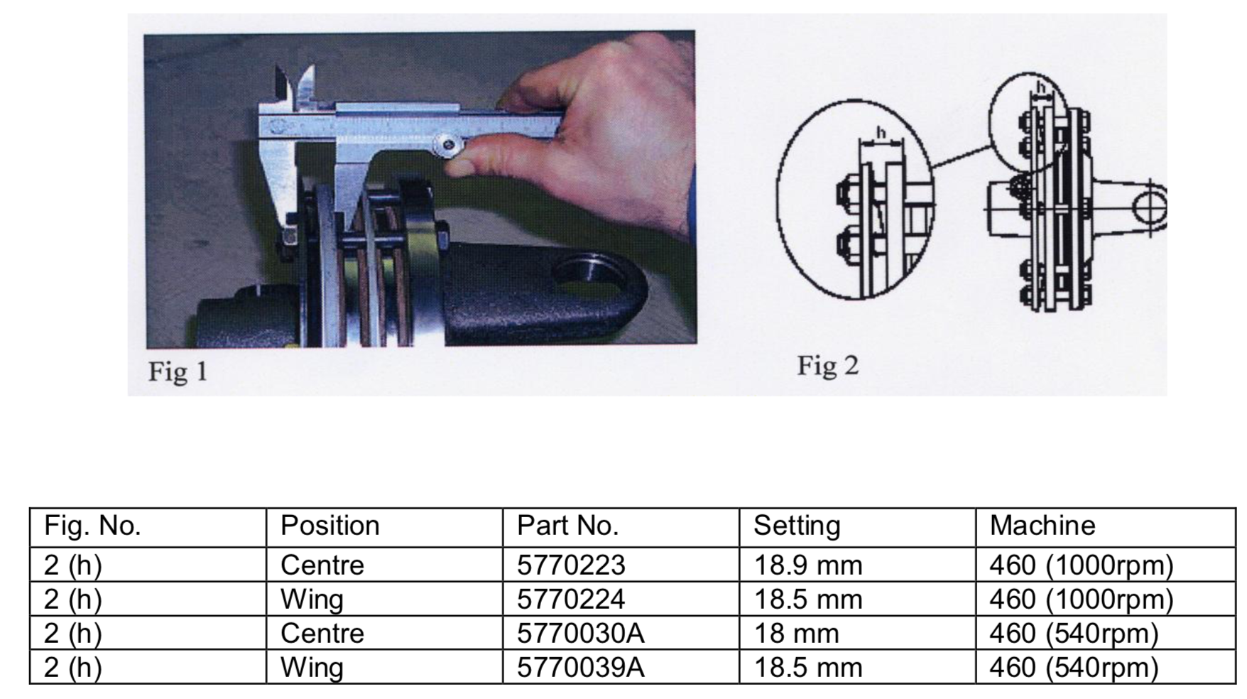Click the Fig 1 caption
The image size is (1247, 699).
(178, 371)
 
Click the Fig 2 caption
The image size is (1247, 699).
(827, 366)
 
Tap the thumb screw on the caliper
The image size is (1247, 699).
(448, 146)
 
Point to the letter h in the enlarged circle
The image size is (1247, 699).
(881, 132)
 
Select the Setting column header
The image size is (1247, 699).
(796, 526)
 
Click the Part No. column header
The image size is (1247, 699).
(567, 526)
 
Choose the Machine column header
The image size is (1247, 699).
(1042, 526)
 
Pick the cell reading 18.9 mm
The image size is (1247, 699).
(807, 565)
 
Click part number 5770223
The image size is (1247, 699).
(571, 565)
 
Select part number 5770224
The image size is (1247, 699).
(571, 600)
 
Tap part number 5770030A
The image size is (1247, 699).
(580, 633)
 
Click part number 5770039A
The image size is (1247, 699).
(580, 668)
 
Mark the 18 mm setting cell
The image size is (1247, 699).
(796, 633)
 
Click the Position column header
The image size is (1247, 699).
(330, 526)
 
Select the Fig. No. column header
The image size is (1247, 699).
(92, 526)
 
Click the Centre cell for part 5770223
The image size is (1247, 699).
(322, 565)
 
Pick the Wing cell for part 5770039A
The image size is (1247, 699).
(312, 668)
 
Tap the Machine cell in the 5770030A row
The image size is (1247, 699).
(1073, 633)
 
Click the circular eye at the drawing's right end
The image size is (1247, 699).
(1148, 208)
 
